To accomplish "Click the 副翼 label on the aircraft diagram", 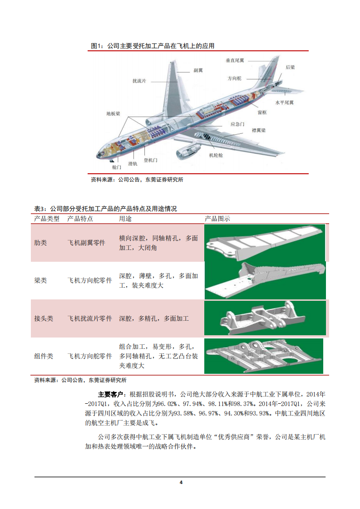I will point(198,70).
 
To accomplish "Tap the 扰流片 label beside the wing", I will point(139,81).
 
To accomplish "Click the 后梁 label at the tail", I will point(290,67).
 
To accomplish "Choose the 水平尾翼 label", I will point(285,103).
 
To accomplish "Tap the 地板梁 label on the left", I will point(113,114).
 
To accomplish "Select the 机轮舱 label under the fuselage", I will point(216,155).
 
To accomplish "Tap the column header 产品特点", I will point(80,219).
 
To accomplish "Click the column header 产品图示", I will point(217,219).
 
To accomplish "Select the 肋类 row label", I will point(41,243).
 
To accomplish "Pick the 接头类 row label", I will point(44,318).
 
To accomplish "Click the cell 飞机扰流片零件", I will point(89,318).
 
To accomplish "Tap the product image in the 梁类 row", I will point(265,280).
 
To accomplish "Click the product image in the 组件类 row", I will point(264,356).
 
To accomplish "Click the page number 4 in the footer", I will point(180,482).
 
